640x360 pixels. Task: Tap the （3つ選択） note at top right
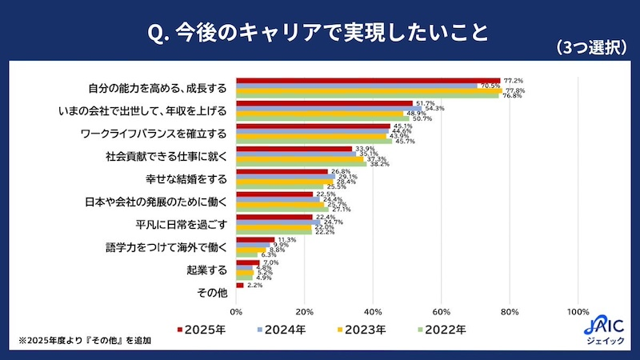pos(591,48)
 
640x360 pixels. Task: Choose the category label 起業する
pos(207,270)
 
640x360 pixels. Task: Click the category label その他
pos(210,293)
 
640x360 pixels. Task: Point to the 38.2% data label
pos(379,164)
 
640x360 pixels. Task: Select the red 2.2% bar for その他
pos(240,285)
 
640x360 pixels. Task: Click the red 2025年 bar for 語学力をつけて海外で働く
pos(255,239)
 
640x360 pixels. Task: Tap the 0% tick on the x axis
pos(236,311)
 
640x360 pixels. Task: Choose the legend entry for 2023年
pos(359,329)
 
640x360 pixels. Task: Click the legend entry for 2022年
pos(436,329)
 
